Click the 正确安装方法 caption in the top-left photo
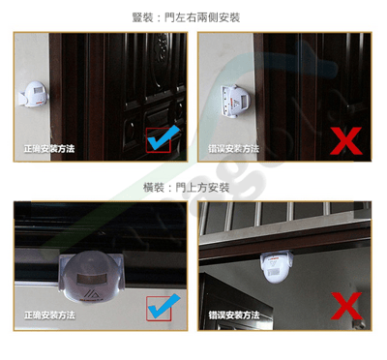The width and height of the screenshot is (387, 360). coord(49,149)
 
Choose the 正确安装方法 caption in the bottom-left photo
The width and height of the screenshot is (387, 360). coord(49,315)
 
